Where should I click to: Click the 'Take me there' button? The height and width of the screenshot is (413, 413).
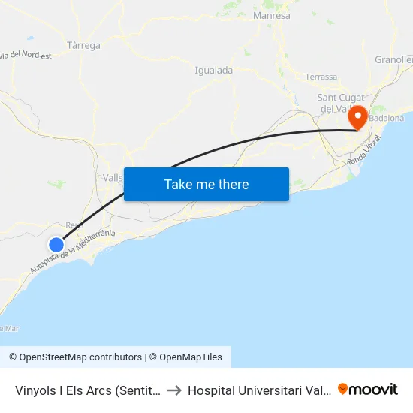click(206, 184)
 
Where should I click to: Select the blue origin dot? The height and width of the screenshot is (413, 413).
click(56, 244)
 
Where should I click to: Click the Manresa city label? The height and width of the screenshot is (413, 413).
click(272, 15)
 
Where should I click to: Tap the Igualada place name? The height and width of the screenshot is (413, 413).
click(213, 70)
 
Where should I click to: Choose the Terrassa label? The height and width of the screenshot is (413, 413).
click(321, 77)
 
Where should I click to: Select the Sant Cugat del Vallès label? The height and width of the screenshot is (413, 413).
click(341, 103)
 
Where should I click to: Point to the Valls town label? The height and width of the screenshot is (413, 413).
click(113, 178)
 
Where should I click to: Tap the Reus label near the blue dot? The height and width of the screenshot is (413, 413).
click(74, 225)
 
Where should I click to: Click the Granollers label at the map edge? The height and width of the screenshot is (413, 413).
click(395, 59)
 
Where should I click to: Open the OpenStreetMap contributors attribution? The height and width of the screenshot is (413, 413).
click(75, 357)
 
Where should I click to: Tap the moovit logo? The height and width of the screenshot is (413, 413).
click(368, 389)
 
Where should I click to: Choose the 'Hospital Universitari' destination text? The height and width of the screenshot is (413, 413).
click(259, 390)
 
